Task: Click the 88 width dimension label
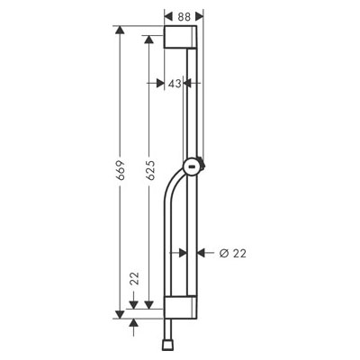[184, 17]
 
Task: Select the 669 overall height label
[120, 170]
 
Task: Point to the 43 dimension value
[175, 84]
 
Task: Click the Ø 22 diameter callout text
[232, 254]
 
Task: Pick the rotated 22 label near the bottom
[135, 278]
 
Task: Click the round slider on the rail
[193, 166]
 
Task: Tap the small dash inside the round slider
[192, 166]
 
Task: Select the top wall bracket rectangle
[180, 37]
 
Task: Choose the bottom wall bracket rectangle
[180, 307]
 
